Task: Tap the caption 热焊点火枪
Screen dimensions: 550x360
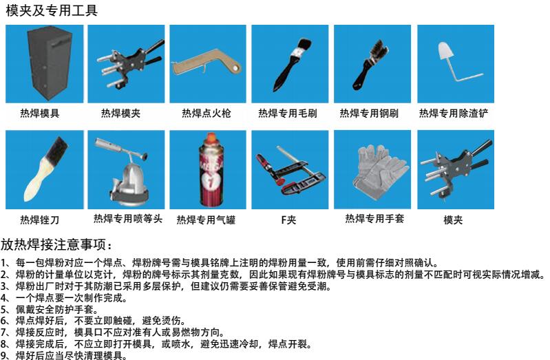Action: click(207, 114)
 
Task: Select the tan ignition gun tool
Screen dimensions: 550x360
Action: click(207, 63)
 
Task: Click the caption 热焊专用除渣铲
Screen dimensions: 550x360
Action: click(454, 114)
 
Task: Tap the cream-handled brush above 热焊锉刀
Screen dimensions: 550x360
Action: click(45, 169)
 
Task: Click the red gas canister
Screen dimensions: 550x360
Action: click(211, 170)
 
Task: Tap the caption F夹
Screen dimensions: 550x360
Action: click(288, 220)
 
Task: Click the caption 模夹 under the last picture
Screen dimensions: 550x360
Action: click(453, 220)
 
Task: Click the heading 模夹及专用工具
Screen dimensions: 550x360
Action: click(52, 10)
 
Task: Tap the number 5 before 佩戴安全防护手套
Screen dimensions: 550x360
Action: click(3, 310)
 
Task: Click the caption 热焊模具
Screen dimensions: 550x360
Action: click(40, 114)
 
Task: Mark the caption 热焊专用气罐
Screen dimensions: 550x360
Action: click(206, 220)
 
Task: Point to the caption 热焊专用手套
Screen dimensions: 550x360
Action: click(374, 219)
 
